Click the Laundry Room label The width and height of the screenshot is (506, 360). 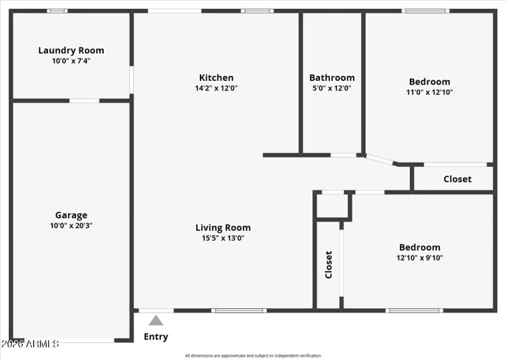coord(71,51)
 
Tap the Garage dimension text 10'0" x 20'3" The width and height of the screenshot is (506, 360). coord(71,225)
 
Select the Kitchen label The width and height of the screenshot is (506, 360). coord(216,78)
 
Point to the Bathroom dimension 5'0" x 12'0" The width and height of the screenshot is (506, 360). coord(331,89)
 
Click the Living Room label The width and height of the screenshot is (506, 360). coord(223,228)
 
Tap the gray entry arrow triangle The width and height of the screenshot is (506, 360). coord(156,320)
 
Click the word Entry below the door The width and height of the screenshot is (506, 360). coord(156,337)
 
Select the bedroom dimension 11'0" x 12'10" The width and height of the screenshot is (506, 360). coord(429,92)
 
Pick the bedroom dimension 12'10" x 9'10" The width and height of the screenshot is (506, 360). coord(419,258)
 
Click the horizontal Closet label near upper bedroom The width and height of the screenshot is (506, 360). coord(457,179)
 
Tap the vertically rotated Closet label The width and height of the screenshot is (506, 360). coord(328,264)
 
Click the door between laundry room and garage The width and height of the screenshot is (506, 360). coord(84,101)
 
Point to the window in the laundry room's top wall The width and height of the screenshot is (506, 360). coord(58,11)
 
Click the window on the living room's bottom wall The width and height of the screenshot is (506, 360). coord(238,311)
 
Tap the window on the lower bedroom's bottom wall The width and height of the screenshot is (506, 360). coord(414,311)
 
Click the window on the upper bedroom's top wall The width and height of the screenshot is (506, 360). coord(426,11)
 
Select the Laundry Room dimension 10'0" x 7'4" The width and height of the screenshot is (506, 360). coord(71,61)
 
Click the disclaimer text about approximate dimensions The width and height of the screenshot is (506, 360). coord(253,356)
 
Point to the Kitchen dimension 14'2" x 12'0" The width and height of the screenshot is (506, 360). coord(216,89)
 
